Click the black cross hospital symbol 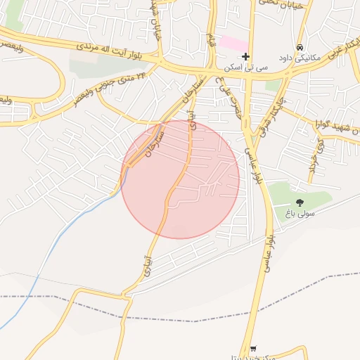click(x=245, y=56)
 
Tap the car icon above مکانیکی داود click(x=300, y=47)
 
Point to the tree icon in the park click(x=300, y=202)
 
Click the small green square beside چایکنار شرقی click(x=272, y=86)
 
